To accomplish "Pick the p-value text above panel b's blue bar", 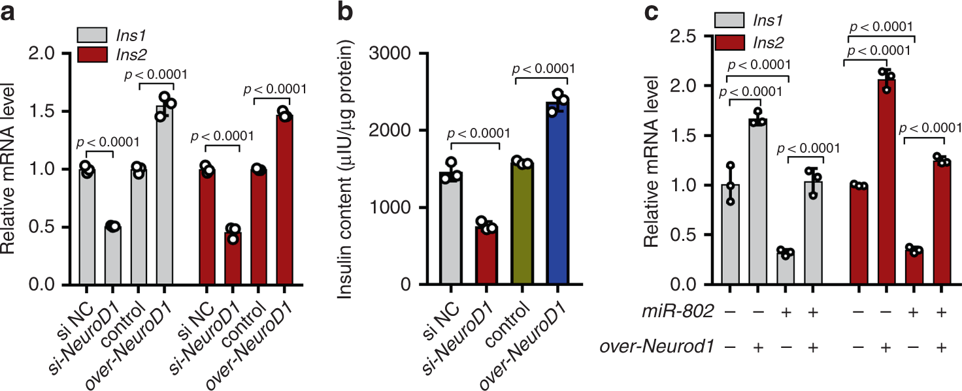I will tap(544, 68).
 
